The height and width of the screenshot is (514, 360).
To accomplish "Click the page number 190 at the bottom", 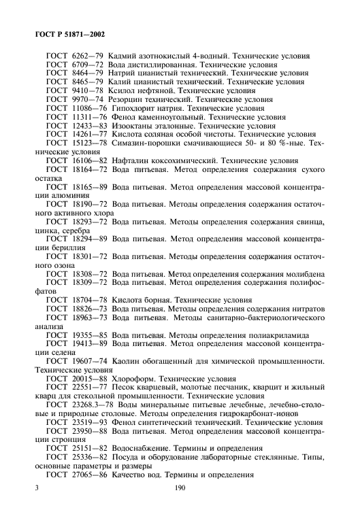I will click(x=180, y=488).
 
